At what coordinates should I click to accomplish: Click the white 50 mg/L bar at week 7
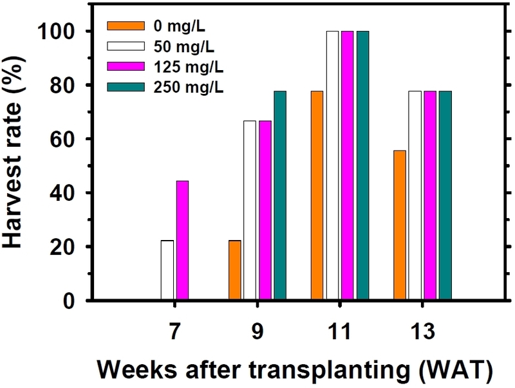[x=167, y=270]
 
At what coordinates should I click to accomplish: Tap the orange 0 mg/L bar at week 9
[x=235, y=270]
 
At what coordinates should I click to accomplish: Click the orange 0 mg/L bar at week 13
[x=399, y=225]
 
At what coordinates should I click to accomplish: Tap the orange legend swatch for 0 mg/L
[x=120, y=26]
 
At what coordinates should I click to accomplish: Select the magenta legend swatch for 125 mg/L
[x=120, y=65]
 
